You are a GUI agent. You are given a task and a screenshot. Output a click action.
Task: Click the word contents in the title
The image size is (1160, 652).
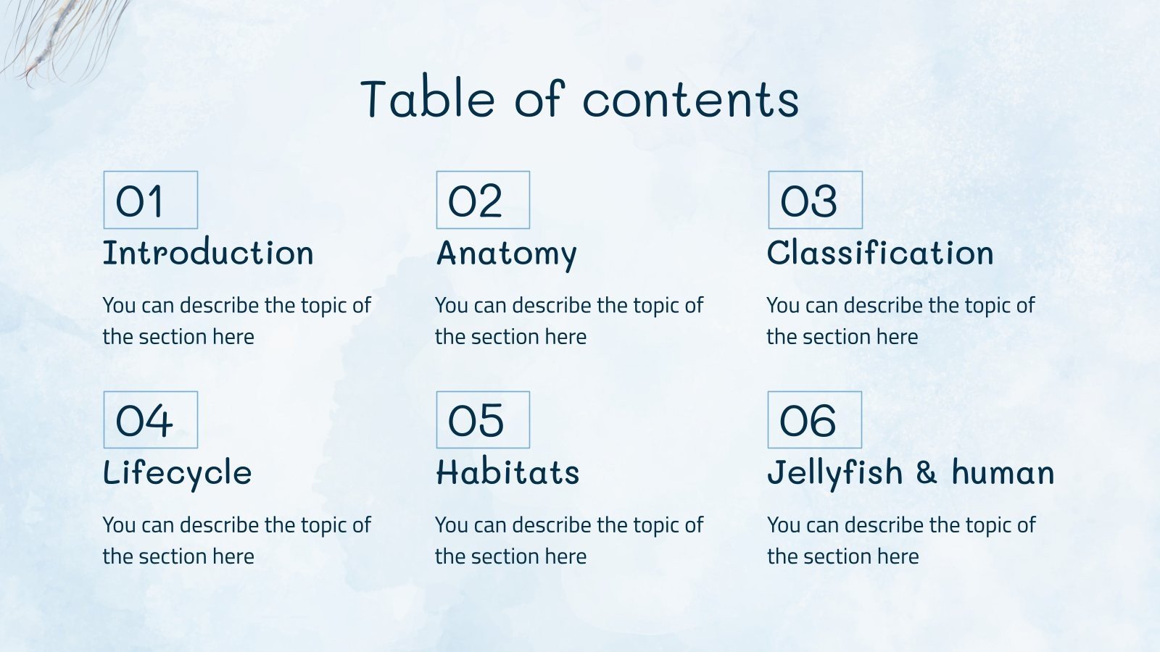point(690,100)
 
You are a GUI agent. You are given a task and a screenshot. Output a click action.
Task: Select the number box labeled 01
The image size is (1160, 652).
point(150,200)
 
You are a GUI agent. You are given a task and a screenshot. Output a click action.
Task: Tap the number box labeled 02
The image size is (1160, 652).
point(483,200)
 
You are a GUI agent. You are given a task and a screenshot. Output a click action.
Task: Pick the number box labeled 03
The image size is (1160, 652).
point(815,200)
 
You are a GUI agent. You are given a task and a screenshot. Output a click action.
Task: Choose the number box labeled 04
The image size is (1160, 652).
point(150,420)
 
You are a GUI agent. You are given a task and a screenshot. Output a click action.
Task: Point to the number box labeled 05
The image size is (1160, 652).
point(483,420)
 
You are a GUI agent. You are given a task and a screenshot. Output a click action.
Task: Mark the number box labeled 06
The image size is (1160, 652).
point(815,420)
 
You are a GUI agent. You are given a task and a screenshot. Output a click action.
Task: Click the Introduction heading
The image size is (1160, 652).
point(208,254)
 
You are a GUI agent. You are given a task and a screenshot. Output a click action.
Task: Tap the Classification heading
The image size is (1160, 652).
point(880,254)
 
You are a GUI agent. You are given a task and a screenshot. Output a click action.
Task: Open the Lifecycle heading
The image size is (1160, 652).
point(178,473)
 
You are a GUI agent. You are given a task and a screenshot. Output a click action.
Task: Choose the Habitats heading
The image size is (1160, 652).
point(507,473)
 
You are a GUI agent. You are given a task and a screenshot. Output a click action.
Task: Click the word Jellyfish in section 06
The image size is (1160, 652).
point(835,474)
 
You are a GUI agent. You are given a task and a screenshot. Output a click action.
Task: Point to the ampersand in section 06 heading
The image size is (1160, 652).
point(927,473)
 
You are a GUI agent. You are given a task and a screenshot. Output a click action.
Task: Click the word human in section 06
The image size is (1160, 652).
point(1003,474)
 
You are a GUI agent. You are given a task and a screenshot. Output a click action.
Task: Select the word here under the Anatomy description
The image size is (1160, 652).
point(565,337)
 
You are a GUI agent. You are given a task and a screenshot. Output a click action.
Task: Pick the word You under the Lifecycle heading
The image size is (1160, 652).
point(119,524)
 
